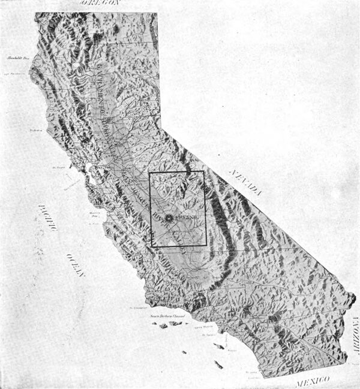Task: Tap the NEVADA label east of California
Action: pos(247,181)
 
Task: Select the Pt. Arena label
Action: pos(37,129)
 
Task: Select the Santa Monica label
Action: pos(202,327)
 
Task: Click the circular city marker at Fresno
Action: pos(169,218)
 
